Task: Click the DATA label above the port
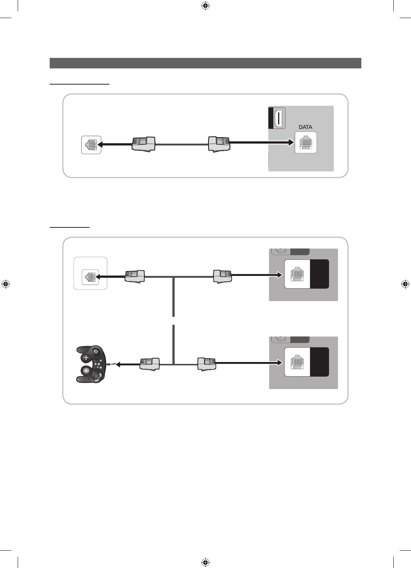click(x=305, y=127)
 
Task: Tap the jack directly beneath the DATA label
click(x=306, y=142)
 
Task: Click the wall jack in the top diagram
click(x=91, y=145)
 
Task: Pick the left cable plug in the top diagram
click(x=143, y=144)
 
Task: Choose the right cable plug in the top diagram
click(x=219, y=144)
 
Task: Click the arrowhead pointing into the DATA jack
click(x=291, y=142)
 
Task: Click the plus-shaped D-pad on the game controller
click(x=86, y=357)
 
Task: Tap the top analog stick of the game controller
click(x=96, y=352)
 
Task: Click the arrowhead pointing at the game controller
click(x=118, y=364)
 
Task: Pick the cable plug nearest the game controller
click(x=149, y=364)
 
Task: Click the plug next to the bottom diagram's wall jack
click(x=135, y=276)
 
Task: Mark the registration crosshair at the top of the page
click(x=205, y=6)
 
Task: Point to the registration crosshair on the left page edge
click(x=6, y=284)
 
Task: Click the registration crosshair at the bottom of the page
click(x=205, y=562)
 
